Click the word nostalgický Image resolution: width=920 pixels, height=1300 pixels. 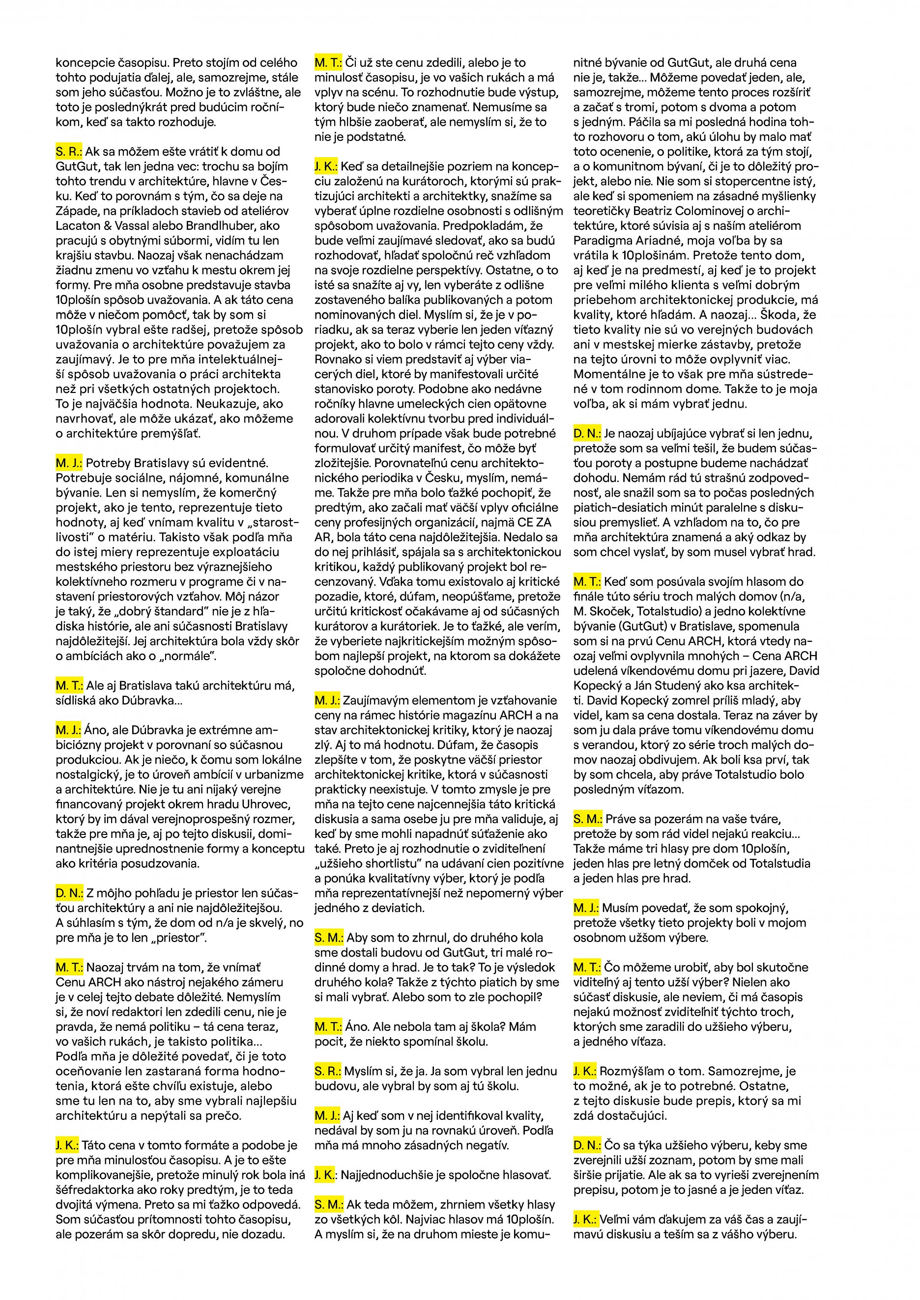click(86, 774)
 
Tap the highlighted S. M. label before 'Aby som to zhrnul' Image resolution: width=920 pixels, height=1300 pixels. click(329, 938)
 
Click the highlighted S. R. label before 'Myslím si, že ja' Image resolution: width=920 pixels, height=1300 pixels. click(327, 1071)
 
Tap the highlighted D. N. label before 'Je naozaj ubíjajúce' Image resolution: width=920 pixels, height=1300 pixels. click(586, 434)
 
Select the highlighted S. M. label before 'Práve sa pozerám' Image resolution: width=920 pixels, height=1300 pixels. click(587, 819)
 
